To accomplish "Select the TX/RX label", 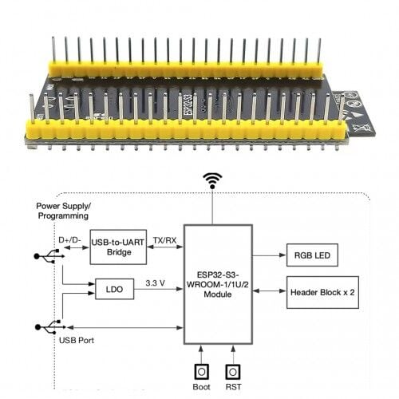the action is tap(164, 240).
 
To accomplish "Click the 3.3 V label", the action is tap(155, 283).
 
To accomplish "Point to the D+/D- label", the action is tap(69, 240).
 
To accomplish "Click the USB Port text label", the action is tap(77, 340).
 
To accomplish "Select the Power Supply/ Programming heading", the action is tap(63, 211).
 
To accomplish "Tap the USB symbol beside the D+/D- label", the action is tap(49, 256).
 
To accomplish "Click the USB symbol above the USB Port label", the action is tap(50, 327).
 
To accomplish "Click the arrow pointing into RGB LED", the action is tap(270, 255).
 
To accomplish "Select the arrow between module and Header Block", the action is tap(270, 291).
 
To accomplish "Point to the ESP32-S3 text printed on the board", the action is tap(188, 105).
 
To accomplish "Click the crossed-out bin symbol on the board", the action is tap(362, 128).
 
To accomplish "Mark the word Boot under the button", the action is tap(201, 387).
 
